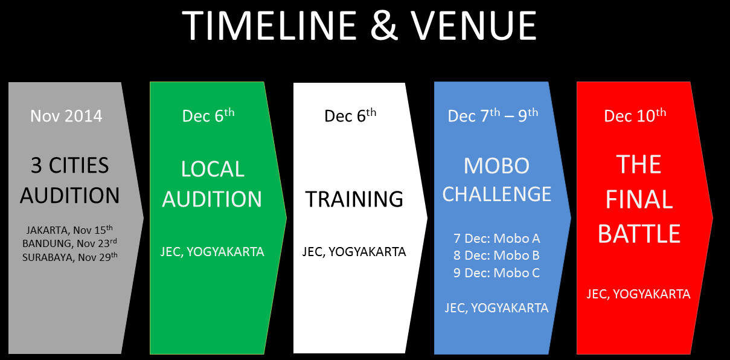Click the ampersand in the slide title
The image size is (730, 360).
[x=384, y=25]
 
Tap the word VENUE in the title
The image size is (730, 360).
[x=473, y=25]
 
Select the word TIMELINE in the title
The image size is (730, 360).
[x=270, y=25]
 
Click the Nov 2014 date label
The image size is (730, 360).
[x=66, y=116]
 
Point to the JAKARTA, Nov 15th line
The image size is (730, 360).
[x=69, y=230]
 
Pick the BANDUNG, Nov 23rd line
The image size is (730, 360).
[x=69, y=243]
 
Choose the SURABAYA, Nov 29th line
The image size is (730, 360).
[x=70, y=257]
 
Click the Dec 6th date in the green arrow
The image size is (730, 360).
[x=208, y=115]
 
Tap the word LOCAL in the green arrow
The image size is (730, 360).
[x=213, y=169]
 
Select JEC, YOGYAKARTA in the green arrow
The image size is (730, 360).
[x=212, y=252]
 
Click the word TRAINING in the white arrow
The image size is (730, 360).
[x=354, y=199]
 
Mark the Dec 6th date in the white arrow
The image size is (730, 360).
[x=350, y=115]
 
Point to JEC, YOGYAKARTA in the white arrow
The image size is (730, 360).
[x=354, y=252]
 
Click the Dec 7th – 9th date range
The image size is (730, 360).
[x=493, y=115]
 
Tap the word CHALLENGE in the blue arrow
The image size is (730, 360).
[x=497, y=194]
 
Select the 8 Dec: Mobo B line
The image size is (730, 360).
[x=496, y=256]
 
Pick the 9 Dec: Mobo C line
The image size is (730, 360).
[x=496, y=272]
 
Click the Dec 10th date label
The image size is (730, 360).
[x=635, y=115]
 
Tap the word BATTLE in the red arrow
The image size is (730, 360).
[x=639, y=234]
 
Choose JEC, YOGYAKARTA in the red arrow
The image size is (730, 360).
[x=638, y=294]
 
